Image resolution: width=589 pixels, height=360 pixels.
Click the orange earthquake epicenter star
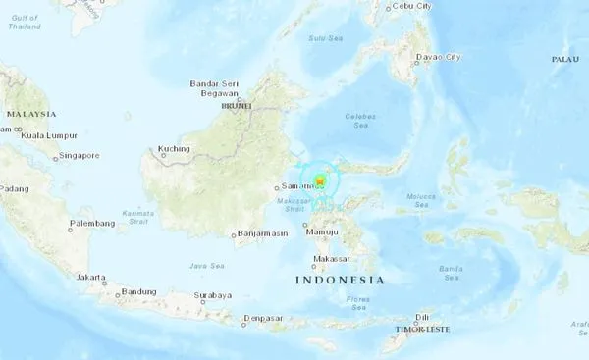point(319,180)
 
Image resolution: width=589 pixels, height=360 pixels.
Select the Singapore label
point(80,155)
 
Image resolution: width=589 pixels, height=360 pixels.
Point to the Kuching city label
point(173,149)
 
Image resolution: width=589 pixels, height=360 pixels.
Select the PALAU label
point(565,60)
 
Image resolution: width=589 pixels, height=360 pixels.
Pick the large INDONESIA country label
point(340,281)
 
